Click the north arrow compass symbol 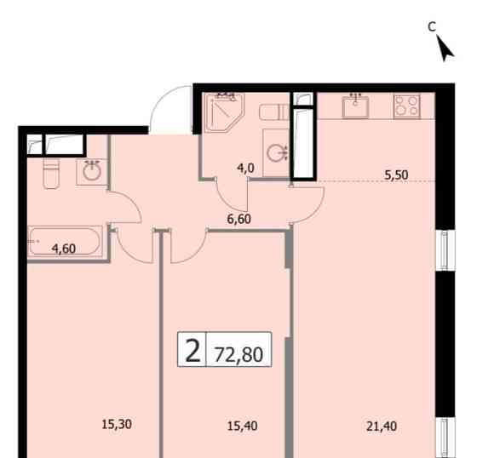pos(445,48)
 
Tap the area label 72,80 pos(240,351)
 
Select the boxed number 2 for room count pos(193,350)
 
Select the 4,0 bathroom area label pos(246,168)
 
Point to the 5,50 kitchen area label pos(396,175)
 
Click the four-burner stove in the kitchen pos(405,106)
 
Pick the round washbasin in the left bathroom pos(91,171)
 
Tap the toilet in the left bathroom pos(49,173)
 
